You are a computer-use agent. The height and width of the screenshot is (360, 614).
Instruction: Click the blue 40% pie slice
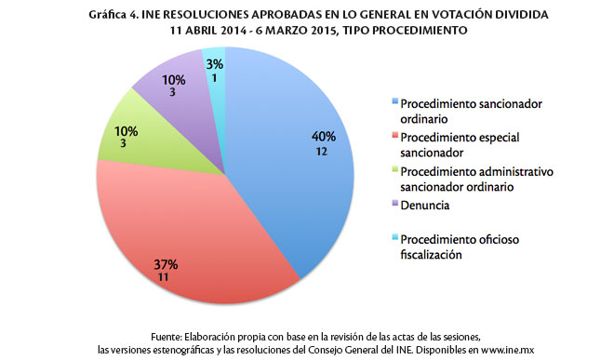[x=298, y=186]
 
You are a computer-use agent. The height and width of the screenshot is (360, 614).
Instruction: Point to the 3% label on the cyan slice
[x=213, y=62]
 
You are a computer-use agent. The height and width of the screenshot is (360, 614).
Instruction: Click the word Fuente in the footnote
[x=168, y=335]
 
